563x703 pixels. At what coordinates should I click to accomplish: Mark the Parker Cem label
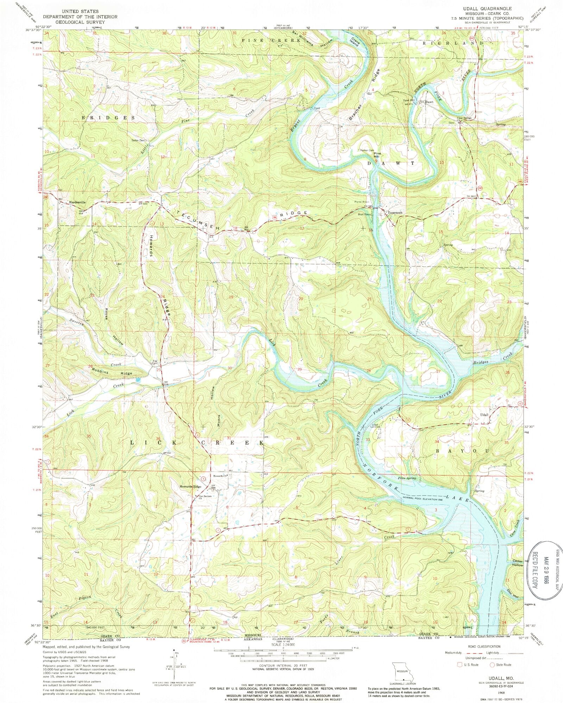(366, 150)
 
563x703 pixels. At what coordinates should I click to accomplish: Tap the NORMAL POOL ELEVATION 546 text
(426, 499)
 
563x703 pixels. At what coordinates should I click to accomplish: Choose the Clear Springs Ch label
(464, 119)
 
